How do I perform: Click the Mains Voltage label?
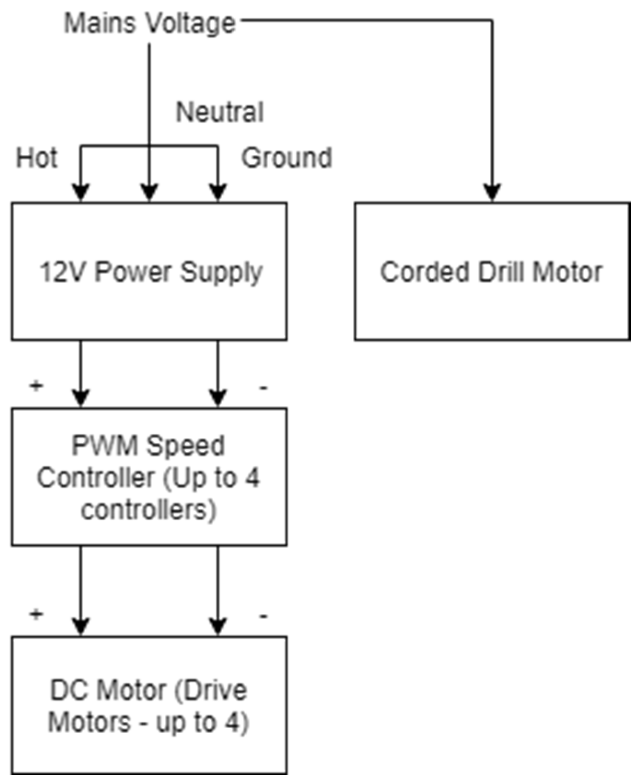click(x=150, y=23)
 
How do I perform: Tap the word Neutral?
click(x=220, y=112)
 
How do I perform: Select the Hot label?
click(x=37, y=158)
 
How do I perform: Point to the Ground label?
click(x=287, y=158)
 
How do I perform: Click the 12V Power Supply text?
click(x=150, y=271)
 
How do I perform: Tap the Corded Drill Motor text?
click(x=491, y=271)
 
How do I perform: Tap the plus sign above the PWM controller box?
click(x=36, y=385)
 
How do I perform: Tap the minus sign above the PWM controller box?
click(x=263, y=388)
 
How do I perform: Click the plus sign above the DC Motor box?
click(x=36, y=613)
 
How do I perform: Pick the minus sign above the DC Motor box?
click(x=263, y=616)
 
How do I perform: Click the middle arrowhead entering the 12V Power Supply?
click(x=149, y=192)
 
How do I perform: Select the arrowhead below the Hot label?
click(x=81, y=192)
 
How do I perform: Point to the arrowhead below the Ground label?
click(x=218, y=192)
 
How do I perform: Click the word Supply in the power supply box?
click(x=221, y=272)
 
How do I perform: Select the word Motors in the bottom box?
click(x=90, y=722)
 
